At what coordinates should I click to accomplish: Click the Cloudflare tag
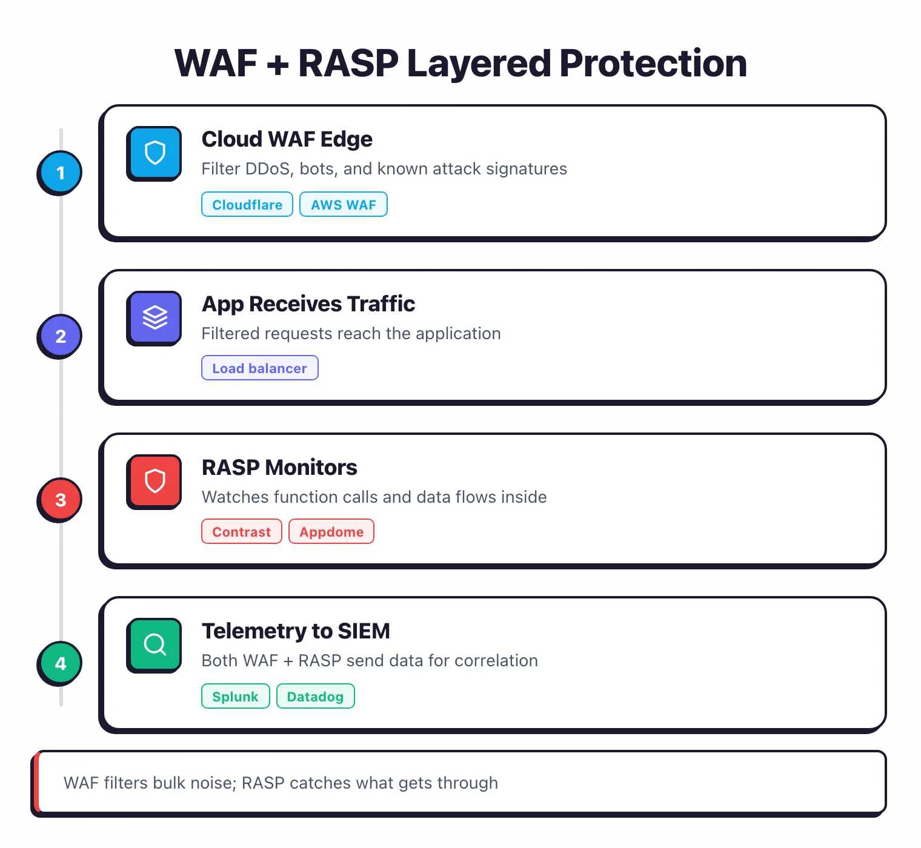tap(247, 205)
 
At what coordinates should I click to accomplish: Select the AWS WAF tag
tap(344, 205)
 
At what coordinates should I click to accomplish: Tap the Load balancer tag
tap(259, 368)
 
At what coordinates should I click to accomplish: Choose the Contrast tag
tap(241, 532)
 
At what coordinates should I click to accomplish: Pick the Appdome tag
tap(331, 532)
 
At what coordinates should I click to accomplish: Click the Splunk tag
tap(235, 697)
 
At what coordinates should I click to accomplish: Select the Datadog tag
tap(315, 697)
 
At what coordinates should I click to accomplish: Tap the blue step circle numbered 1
tap(60, 173)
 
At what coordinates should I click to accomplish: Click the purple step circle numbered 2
tap(60, 336)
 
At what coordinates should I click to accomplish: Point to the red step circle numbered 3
tap(60, 500)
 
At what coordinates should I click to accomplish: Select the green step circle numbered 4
tap(60, 663)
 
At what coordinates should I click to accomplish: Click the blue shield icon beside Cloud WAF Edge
tap(155, 153)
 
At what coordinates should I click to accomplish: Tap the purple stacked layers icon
tap(155, 317)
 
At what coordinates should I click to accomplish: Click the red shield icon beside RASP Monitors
tap(155, 481)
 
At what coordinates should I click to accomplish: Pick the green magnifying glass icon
tap(155, 644)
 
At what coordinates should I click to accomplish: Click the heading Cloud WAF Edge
tap(287, 139)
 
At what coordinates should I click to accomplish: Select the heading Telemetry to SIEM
tap(296, 631)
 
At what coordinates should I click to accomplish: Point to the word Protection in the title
tap(653, 64)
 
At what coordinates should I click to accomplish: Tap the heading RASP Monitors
tap(279, 468)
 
